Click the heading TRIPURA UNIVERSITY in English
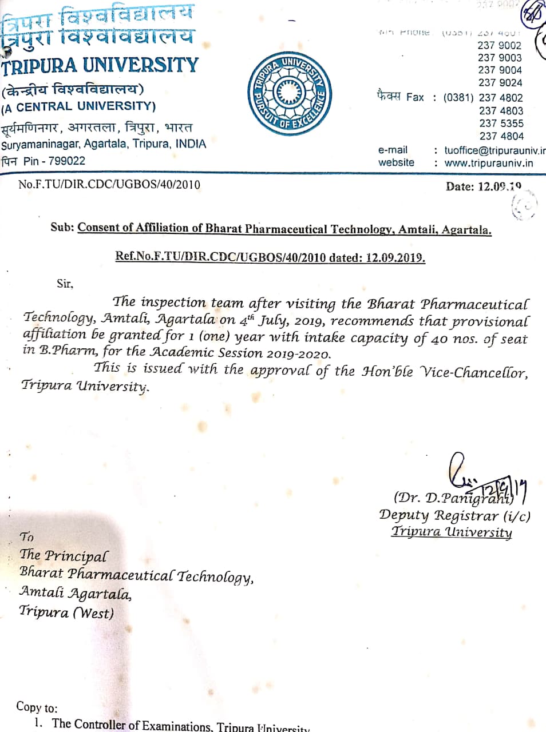coord(100,66)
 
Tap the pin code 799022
coord(66,161)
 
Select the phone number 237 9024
coord(500,82)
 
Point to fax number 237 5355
coord(501,124)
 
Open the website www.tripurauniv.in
coord(488,163)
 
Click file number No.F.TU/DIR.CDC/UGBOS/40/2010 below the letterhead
coord(109,184)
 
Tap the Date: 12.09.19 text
coord(483,186)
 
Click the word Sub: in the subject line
coord(62,227)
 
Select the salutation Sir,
coord(65,283)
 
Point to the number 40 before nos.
coord(439,339)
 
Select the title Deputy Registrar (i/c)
coord(454,515)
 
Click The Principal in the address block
coord(63,555)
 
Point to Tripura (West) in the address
coord(66,612)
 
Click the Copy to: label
coord(37,707)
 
